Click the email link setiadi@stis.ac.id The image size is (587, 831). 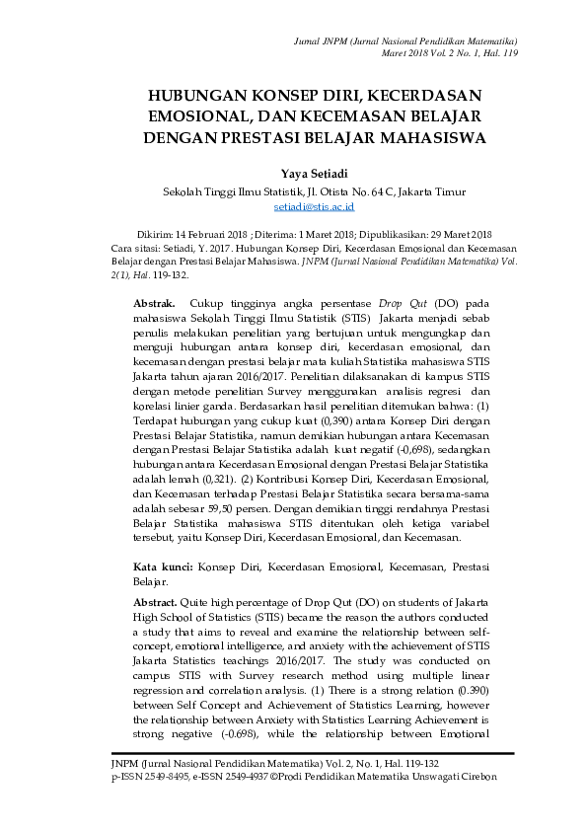coord(313,207)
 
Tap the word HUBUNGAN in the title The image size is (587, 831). coord(192,97)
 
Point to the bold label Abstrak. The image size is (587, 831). coord(154,302)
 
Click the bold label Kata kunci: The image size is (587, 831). coord(163,567)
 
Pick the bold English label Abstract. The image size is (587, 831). coord(156,602)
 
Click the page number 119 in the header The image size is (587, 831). coord(510,52)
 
